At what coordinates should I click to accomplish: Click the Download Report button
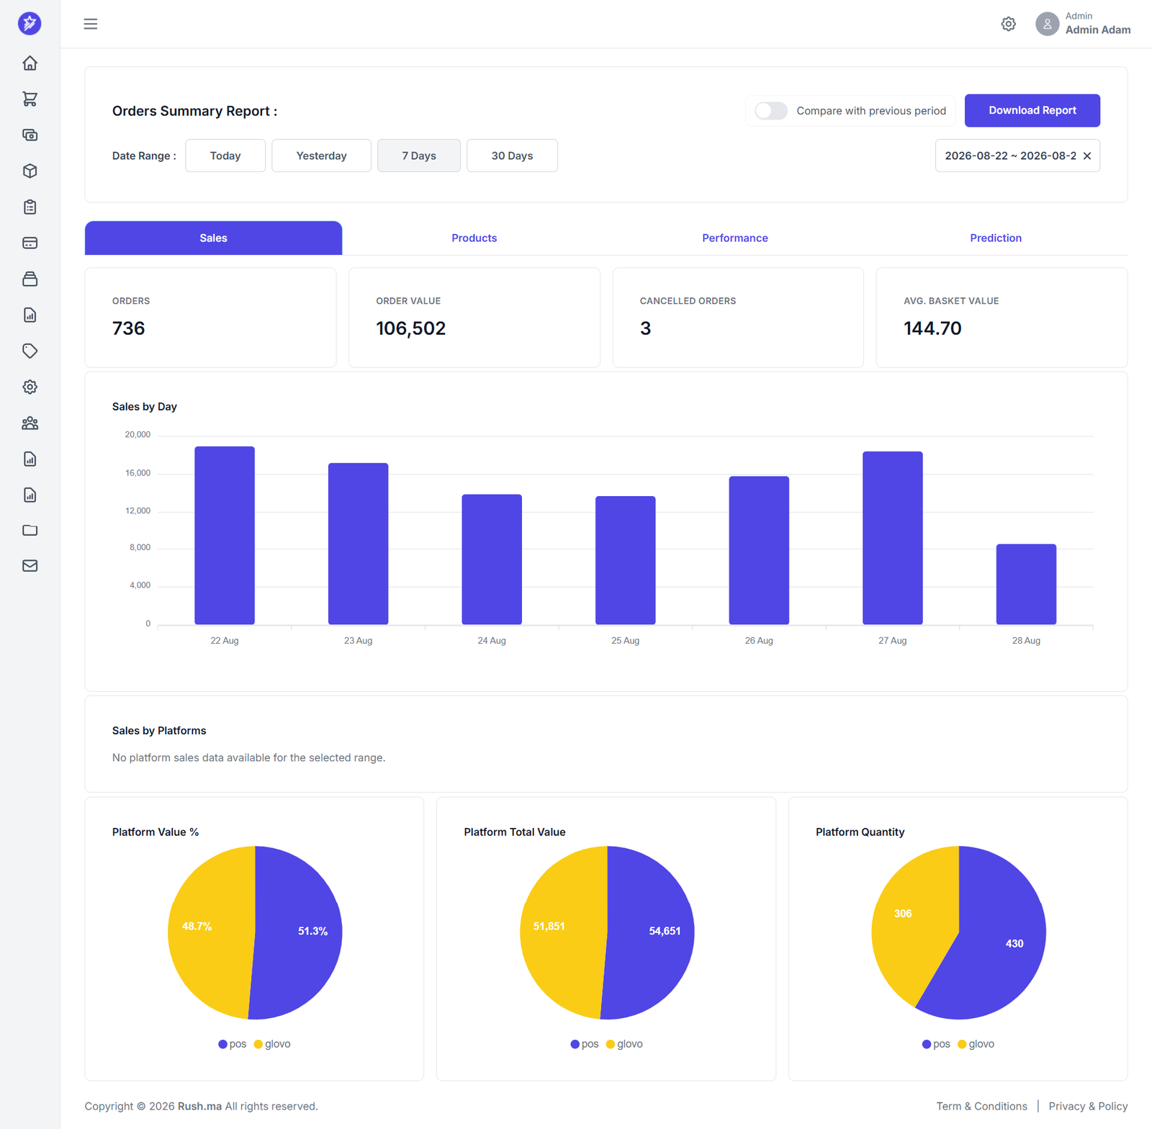click(x=1032, y=110)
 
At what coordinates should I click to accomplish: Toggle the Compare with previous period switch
click(x=771, y=111)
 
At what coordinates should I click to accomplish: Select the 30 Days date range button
click(x=512, y=156)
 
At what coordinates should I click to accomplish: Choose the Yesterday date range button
click(x=321, y=156)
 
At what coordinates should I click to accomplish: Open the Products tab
click(x=474, y=238)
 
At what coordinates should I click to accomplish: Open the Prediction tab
click(x=995, y=238)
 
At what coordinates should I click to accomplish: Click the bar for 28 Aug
click(x=1026, y=584)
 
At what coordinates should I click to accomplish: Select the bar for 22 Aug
click(x=225, y=535)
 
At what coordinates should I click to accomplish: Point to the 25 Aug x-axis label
click(x=625, y=641)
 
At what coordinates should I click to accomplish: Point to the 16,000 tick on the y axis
click(x=138, y=473)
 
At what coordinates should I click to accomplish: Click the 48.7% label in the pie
click(x=197, y=927)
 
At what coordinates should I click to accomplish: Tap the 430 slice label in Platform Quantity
click(x=1014, y=943)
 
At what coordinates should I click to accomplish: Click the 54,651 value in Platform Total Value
click(x=665, y=931)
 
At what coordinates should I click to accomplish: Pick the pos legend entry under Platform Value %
click(x=233, y=1044)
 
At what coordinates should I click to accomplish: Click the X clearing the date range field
click(x=1087, y=156)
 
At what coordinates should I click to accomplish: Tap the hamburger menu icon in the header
click(x=91, y=24)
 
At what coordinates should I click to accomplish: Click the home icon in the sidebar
click(x=30, y=63)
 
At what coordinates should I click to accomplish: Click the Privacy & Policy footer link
click(x=1088, y=1106)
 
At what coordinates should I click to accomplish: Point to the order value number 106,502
click(x=410, y=328)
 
